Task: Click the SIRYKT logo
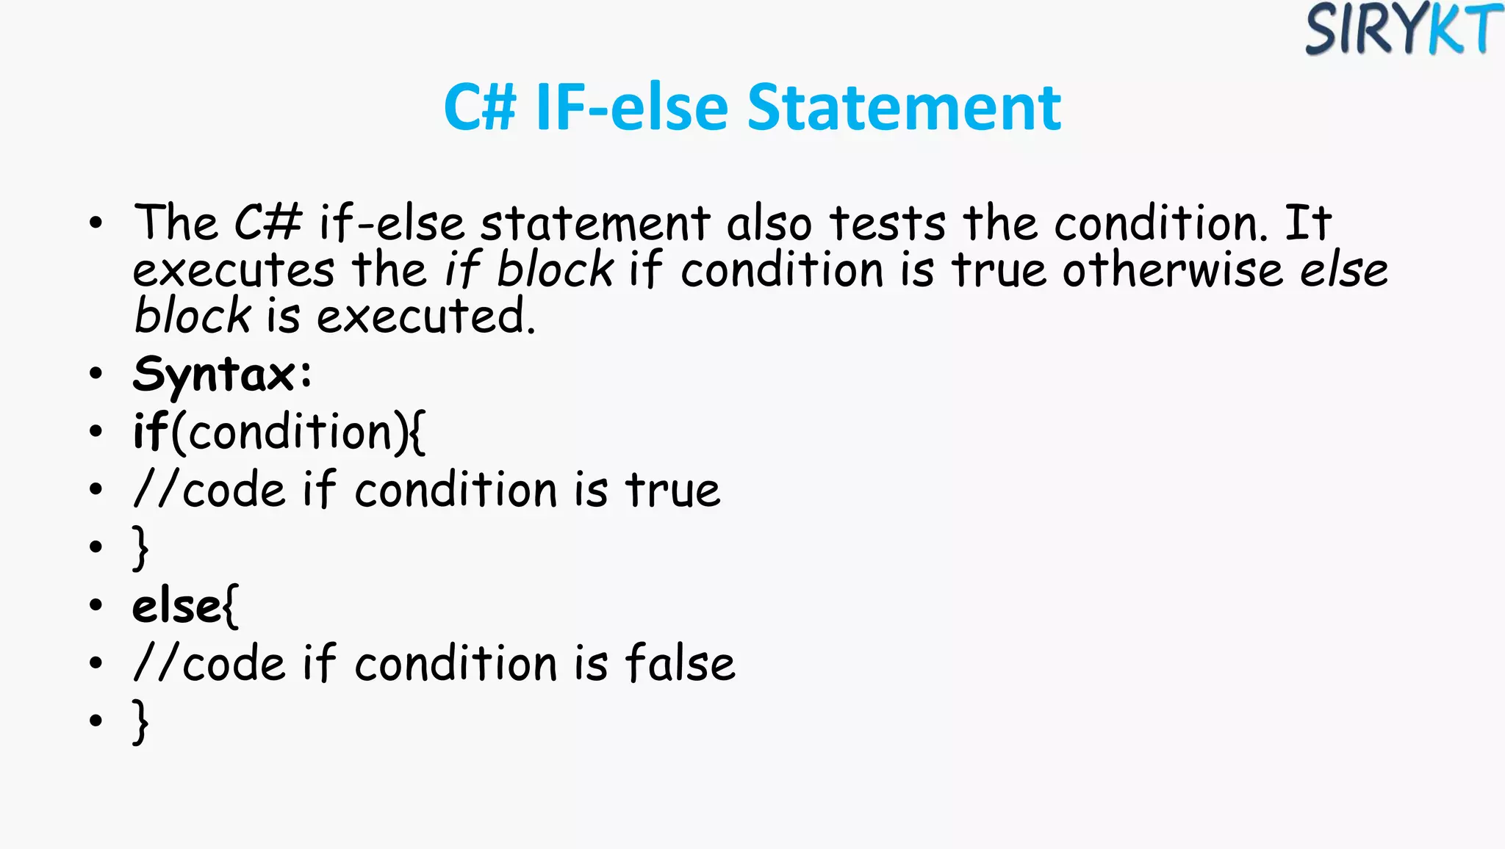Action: (x=1403, y=29)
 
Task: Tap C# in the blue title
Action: (x=480, y=108)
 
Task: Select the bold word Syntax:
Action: (x=222, y=375)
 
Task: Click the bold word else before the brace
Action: (x=176, y=607)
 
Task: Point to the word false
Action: (x=680, y=663)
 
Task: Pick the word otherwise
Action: (x=1172, y=270)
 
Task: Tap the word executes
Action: (x=233, y=270)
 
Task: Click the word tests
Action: (x=888, y=223)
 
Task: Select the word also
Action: (x=769, y=223)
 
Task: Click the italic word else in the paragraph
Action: (x=1344, y=270)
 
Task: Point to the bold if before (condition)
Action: (x=150, y=431)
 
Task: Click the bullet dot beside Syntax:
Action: (x=96, y=374)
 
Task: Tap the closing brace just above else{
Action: (x=140, y=548)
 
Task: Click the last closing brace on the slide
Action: (x=140, y=722)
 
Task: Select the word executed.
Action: (x=425, y=317)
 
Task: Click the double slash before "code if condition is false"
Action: (x=156, y=663)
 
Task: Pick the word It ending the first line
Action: (x=1307, y=223)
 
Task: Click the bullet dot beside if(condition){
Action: (x=96, y=432)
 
